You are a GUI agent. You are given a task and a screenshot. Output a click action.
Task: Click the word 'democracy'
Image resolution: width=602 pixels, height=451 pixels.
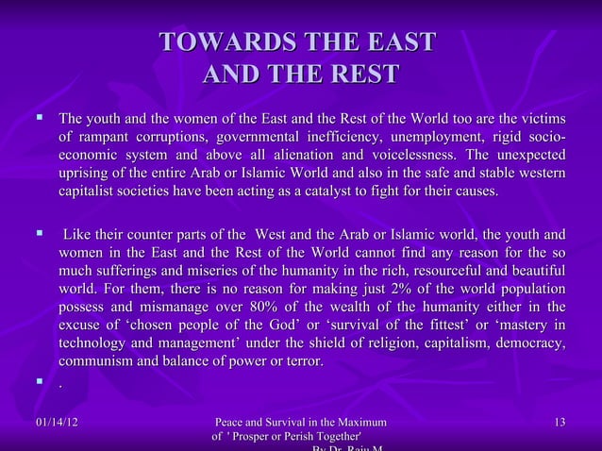click(529, 344)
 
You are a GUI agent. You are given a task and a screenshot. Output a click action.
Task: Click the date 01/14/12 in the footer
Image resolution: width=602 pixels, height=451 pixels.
click(53, 422)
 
